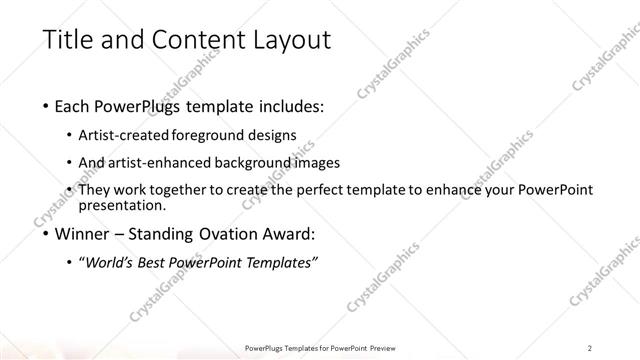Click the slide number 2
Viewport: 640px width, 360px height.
coord(590,346)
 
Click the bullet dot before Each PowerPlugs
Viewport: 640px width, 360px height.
coord(48,107)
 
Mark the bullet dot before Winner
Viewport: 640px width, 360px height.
coord(48,236)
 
